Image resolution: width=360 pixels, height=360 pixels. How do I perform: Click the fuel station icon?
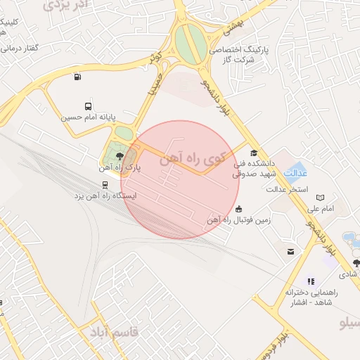76,77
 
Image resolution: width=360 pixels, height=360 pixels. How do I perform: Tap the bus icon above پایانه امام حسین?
88,106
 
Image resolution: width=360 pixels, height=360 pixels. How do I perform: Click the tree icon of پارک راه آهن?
119,157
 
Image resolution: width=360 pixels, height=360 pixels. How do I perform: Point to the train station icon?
105,185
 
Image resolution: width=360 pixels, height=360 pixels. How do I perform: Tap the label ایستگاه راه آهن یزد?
105,195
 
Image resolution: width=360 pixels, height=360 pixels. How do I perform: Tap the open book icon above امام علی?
321,198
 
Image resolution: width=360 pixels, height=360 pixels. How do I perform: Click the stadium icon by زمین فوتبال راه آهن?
240,209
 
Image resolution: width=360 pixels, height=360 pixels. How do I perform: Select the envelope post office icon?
290,251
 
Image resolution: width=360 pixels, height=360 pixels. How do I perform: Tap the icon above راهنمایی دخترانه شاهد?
311,281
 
